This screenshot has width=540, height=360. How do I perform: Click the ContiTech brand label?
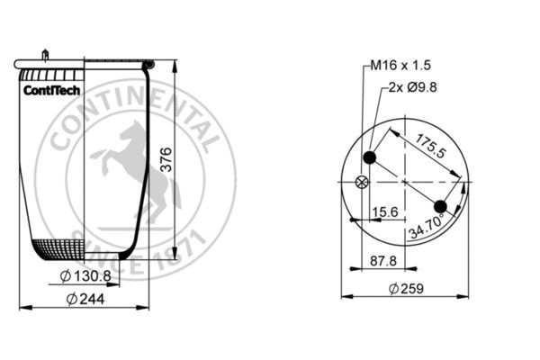pyautogui.click(x=51, y=90)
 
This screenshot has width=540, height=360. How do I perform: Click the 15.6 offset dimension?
pyautogui.click(x=385, y=213)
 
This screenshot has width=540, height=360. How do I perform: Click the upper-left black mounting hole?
pyautogui.click(x=369, y=159)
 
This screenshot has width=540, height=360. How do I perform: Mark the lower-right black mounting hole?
pyautogui.click(x=440, y=206)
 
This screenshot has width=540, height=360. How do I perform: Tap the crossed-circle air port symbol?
pyautogui.click(x=363, y=183)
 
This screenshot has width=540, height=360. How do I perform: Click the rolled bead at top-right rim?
pyautogui.click(x=148, y=65)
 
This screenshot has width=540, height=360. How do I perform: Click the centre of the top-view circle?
pyautogui.click(x=405, y=183)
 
